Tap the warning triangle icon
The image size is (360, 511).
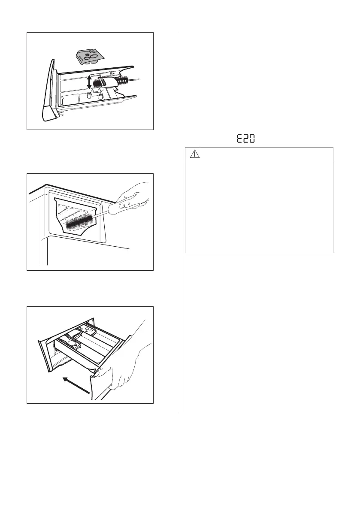195,155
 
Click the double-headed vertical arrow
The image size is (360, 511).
88,82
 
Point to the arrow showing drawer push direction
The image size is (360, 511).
76,385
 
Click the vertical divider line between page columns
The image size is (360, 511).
180,223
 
